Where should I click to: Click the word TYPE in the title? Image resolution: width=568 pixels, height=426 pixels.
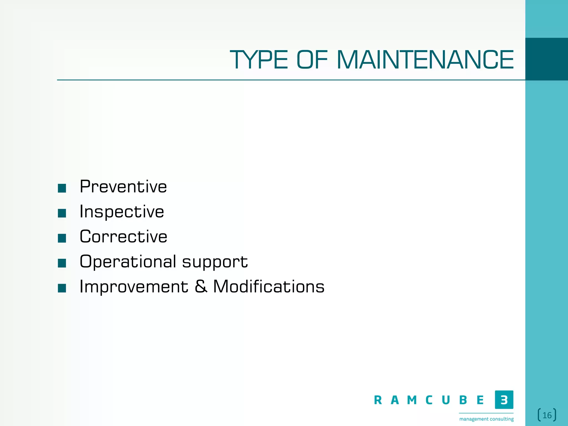(259, 60)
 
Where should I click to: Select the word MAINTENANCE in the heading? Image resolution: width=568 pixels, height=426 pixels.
(425, 60)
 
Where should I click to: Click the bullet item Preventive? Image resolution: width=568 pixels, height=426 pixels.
(123, 186)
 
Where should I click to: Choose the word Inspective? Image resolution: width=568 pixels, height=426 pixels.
(122, 212)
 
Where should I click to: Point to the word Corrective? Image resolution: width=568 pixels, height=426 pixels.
(123, 237)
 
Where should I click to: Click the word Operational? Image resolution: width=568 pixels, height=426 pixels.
(128, 262)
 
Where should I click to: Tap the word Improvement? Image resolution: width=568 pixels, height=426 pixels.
(134, 286)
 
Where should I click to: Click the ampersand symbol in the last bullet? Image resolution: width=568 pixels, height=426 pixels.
(201, 286)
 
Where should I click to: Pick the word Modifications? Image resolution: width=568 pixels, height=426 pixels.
(269, 286)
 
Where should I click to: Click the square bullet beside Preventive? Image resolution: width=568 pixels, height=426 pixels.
(62, 188)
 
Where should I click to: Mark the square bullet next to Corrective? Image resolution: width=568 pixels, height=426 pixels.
(62, 238)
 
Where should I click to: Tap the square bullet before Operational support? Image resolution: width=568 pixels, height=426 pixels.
(62, 263)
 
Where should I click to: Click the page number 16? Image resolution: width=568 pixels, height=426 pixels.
(547, 415)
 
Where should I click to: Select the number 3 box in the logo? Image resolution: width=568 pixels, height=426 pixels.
(504, 400)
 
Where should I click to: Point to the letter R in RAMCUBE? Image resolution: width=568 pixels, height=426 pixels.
(378, 400)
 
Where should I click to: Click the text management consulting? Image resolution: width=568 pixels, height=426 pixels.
(486, 419)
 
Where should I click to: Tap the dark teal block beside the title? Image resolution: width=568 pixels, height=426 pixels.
(546, 59)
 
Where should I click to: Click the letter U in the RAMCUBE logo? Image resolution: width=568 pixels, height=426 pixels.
(446, 400)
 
